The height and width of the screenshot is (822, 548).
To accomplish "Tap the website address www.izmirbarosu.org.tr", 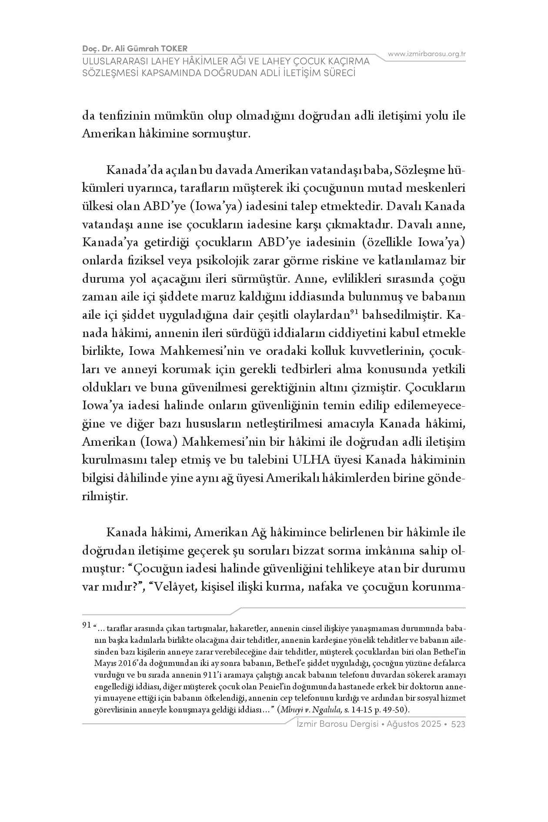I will tap(427, 54).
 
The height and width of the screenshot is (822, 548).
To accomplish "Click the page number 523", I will tap(458, 725).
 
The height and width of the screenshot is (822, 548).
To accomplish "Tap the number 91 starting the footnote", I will tap(87, 625).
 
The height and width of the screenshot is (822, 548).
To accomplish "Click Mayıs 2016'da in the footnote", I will tap(116, 664).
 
